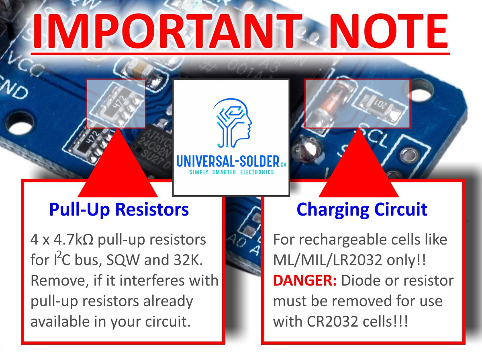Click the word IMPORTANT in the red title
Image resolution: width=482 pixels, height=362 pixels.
point(167,31)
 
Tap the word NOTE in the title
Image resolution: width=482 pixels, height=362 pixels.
point(389,31)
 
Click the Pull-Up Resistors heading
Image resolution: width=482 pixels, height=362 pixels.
point(119,210)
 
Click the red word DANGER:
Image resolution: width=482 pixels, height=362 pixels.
point(305,281)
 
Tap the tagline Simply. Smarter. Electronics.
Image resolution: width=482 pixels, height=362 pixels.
point(232,172)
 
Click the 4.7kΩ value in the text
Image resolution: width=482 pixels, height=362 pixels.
point(74,240)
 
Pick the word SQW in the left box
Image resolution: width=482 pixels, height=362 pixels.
point(123,260)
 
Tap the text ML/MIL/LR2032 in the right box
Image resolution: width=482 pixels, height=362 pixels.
point(328,260)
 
